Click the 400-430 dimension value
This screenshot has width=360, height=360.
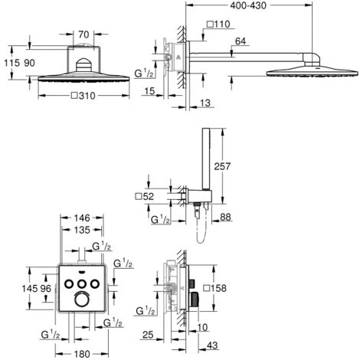click(248, 5)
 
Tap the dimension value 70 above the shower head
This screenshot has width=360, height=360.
click(83, 34)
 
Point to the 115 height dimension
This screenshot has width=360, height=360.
click(11, 63)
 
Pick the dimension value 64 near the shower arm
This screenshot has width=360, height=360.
click(241, 41)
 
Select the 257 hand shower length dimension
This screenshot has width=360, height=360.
click(222, 166)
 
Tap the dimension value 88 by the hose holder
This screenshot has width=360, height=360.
click(225, 217)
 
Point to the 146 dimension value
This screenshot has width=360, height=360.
click(82, 218)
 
